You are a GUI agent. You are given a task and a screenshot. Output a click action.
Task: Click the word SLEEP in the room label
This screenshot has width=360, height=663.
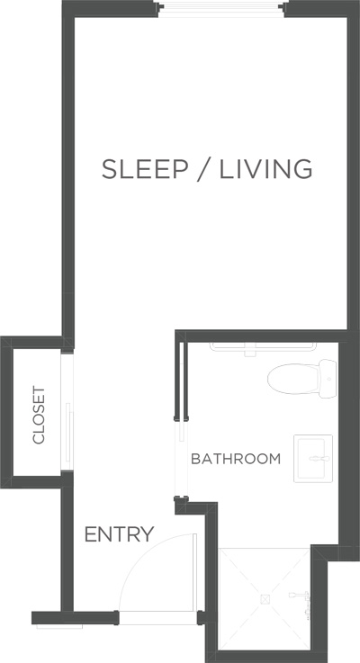[145, 169]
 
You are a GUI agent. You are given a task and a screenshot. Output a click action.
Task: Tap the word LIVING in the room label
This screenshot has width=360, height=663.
[265, 169]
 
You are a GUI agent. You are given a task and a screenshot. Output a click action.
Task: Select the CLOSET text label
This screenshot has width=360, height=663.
[39, 415]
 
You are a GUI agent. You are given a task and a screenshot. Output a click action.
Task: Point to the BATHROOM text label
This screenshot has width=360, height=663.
[236, 459]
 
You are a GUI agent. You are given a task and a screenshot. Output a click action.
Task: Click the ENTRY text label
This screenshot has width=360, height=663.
[120, 534]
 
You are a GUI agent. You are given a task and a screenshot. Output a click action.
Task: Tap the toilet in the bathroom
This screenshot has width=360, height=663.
[301, 379]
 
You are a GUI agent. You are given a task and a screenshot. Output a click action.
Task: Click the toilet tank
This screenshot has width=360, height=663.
[328, 379]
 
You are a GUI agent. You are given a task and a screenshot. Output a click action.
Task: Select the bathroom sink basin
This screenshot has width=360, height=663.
[312, 459]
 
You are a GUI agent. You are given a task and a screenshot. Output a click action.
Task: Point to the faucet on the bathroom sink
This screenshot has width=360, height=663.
[319, 459]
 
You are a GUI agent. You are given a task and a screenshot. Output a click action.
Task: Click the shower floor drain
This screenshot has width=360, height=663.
[265, 599]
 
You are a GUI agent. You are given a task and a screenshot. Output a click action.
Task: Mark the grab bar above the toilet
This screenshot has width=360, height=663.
[263, 347]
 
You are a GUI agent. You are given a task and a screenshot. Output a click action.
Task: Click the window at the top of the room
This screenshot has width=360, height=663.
[220, 10]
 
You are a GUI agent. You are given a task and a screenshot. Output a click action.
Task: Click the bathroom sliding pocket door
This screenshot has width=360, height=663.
[182, 423]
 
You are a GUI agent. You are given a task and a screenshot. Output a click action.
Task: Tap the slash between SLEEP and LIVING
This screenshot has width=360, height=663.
[204, 169]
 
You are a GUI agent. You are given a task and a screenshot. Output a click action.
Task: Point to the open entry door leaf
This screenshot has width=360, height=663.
[195, 572]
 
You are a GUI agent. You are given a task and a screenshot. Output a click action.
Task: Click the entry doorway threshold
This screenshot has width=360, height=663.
[157, 618]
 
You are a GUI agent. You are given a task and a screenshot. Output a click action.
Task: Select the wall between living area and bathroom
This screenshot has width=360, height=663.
[261, 336]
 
